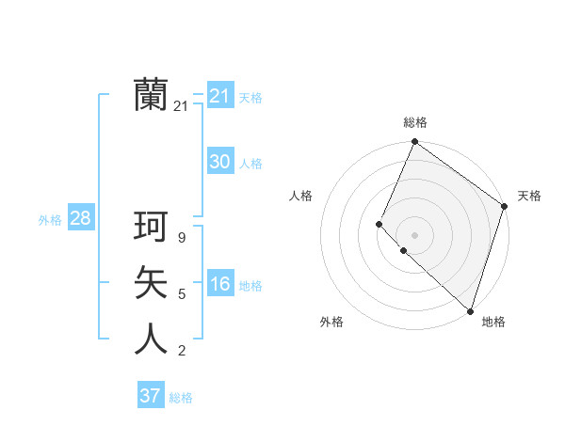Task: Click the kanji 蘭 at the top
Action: (151, 95)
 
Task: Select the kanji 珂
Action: (151, 227)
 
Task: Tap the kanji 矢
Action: (151, 282)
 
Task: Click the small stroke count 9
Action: (182, 238)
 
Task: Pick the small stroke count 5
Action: (182, 294)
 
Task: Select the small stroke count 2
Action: (182, 351)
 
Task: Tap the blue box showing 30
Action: (220, 162)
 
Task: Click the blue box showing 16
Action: (220, 284)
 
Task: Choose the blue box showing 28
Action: (80, 219)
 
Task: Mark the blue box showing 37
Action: (151, 396)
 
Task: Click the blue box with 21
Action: (220, 96)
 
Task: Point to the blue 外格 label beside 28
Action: (50, 220)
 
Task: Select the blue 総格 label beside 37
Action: (181, 398)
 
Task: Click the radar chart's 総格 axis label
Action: (415, 122)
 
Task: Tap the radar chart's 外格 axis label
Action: (331, 322)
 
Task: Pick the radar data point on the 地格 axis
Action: (470, 310)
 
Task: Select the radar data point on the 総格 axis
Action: (415, 142)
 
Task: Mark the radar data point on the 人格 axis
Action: (379, 224)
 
